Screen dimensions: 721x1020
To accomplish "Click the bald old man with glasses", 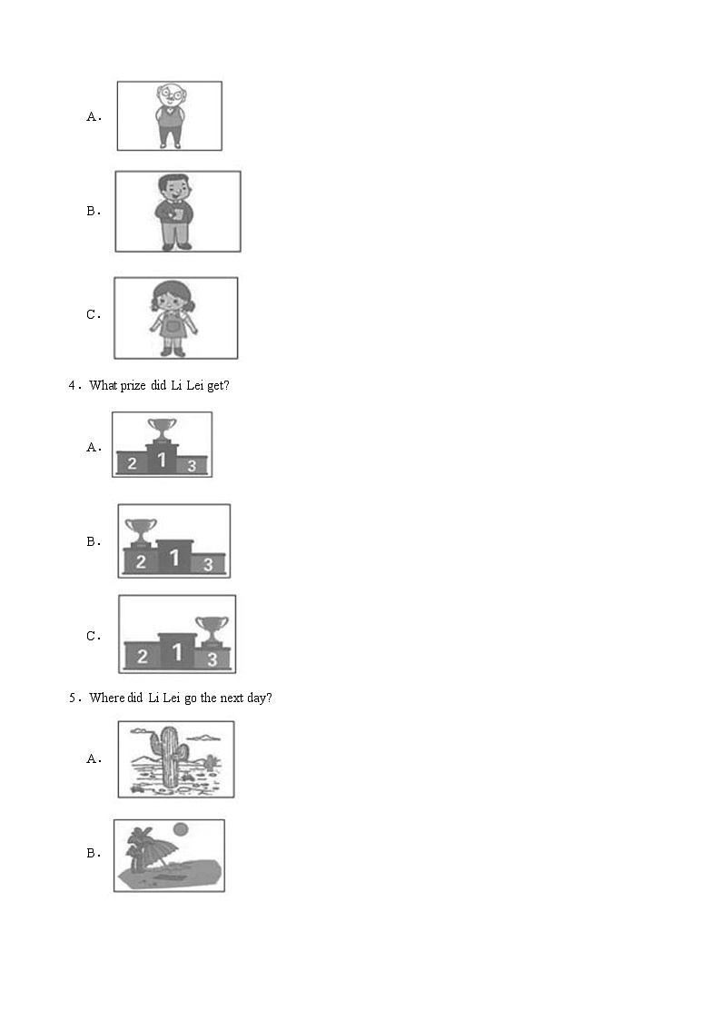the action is coord(171,115).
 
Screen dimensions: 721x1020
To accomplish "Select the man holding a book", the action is coord(174,212).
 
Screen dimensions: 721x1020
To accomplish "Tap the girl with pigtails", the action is coord(173,319).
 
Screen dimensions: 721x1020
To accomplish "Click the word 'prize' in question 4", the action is coord(133,386).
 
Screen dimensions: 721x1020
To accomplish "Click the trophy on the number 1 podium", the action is coord(162,430).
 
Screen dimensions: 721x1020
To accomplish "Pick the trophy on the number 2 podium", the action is coord(141,530).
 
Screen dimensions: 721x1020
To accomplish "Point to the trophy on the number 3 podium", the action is coord(212,630).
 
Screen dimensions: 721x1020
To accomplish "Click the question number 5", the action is coord(73,698).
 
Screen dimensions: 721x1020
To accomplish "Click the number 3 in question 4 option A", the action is coord(192,466).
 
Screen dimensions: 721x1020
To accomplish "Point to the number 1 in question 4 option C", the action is coord(176,652).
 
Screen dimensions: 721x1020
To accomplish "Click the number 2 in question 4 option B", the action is coord(141,561).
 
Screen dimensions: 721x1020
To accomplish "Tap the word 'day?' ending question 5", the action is coord(260,698).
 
